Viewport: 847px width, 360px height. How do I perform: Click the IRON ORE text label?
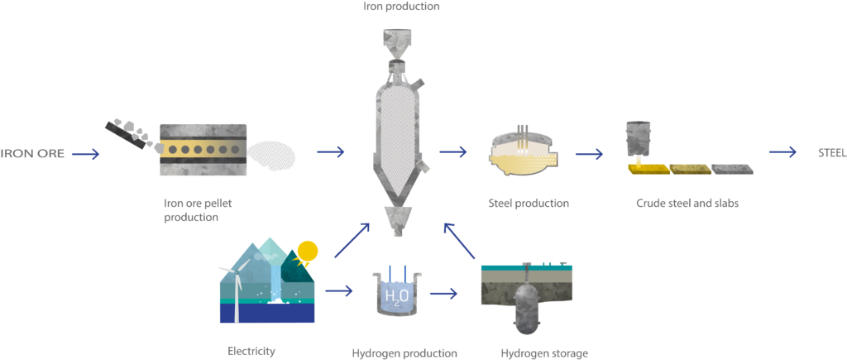(32, 153)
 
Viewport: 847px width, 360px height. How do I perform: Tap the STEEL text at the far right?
(832, 153)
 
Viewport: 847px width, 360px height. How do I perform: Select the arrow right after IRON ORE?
(86, 154)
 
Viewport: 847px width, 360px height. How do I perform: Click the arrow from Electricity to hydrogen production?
(338, 292)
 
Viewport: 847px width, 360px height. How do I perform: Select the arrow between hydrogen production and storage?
(443, 295)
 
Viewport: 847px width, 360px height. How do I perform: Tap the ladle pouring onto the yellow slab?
(639, 137)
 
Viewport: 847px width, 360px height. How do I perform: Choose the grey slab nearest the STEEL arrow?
(732, 169)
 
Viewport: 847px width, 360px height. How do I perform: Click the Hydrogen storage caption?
(544, 354)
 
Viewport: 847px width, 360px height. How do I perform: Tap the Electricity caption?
(251, 352)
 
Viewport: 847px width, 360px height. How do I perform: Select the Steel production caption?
(529, 204)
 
